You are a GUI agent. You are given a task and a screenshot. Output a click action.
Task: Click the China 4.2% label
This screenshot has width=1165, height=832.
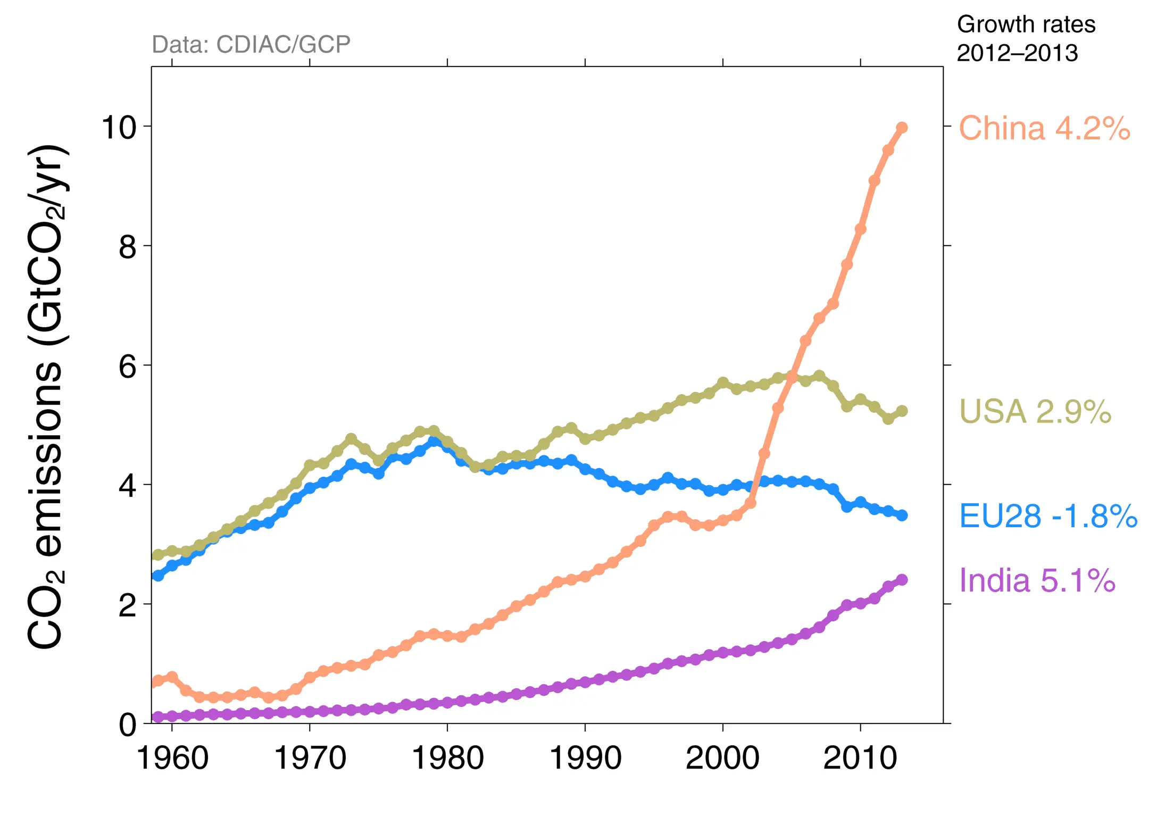[x=1044, y=128]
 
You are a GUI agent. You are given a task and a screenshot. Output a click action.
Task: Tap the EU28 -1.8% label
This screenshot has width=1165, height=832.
[x=1047, y=515]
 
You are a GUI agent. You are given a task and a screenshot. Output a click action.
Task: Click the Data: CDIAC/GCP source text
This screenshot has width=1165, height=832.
[x=251, y=44]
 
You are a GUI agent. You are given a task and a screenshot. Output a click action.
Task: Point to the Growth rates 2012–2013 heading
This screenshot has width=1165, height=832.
[x=1025, y=38]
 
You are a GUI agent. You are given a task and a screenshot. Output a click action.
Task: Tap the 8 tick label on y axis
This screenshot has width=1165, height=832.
[x=127, y=247]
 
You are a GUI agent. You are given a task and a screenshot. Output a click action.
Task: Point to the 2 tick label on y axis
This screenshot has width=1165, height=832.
[x=127, y=605]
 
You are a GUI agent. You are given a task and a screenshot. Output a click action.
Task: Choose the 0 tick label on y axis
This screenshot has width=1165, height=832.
[x=127, y=725]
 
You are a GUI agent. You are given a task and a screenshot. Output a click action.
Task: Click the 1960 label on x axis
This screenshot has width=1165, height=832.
[x=172, y=758]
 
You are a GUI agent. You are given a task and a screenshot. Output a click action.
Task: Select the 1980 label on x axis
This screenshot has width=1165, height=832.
[x=447, y=758]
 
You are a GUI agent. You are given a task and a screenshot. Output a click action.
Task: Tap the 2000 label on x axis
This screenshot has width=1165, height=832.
[x=722, y=758]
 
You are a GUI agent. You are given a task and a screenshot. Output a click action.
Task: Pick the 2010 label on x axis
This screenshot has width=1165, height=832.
[x=860, y=758]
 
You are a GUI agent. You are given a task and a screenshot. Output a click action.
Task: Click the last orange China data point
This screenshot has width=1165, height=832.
[x=902, y=128]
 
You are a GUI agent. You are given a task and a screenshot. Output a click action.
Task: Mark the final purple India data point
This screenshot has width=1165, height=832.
[x=902, y=579]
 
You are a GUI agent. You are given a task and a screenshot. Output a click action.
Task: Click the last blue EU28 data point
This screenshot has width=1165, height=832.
[x=902, y=515]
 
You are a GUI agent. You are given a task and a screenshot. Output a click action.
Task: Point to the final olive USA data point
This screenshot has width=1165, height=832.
[x=902, y=411]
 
